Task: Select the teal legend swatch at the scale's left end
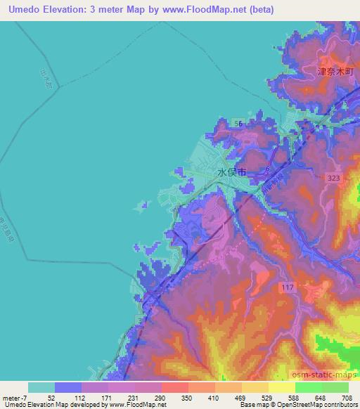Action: click(41, 387)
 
